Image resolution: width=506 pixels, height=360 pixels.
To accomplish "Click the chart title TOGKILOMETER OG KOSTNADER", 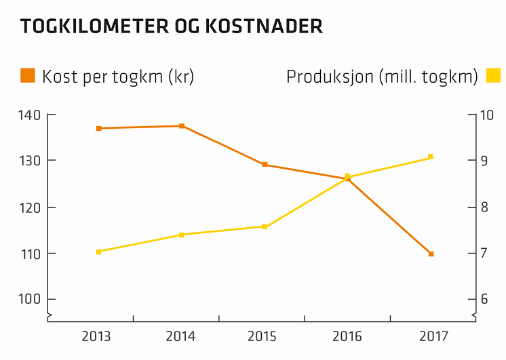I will coord(171,27).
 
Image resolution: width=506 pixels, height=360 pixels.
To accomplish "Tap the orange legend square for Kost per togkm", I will coord(28,75).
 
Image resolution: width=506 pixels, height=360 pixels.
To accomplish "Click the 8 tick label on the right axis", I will coord(483,207).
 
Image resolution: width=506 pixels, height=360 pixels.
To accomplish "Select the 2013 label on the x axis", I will coord(98,336).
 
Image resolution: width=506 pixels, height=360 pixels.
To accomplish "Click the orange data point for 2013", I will coord(98,128).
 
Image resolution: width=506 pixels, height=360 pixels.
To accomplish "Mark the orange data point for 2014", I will coord(182,126).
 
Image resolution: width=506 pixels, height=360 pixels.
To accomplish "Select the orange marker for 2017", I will coord(431,254).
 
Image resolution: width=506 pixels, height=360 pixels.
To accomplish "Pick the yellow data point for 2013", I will coord(98,252).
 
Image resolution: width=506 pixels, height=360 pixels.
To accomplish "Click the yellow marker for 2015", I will coord(265,226).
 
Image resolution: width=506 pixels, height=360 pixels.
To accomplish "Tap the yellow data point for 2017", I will coord(431,157).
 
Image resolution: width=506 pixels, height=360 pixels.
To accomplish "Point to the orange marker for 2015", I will coord(265,165).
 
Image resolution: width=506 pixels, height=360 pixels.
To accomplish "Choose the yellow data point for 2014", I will coord(182,235).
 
